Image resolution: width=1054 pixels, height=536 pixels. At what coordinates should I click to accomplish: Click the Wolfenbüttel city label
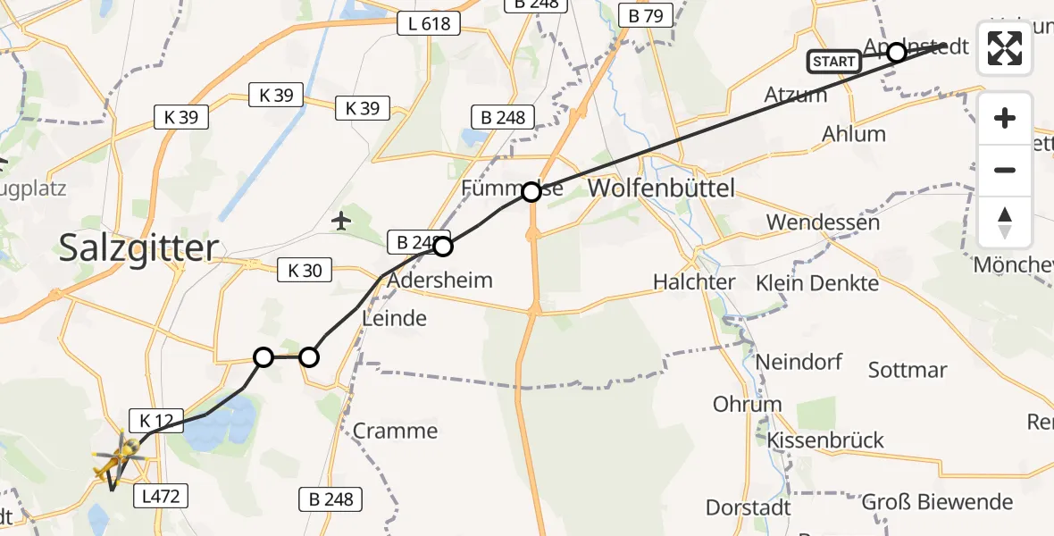pyautogui.click(x=662, y=188)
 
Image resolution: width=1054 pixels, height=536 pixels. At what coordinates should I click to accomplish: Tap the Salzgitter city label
pyautogui.click(x=138, y=247)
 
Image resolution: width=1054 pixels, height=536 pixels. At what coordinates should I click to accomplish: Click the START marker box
pyautogui.click(x=834, y=62)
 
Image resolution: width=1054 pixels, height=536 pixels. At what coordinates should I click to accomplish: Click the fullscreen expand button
pyautogui.click(x=1005, y=48)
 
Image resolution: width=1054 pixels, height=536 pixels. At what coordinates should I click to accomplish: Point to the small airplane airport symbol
pyautogui.click(x=341, y=220)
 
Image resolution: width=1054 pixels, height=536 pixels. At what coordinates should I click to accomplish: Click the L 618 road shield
pyautogui.click(x=429, y=24)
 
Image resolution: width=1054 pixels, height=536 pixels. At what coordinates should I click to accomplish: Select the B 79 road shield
pyautogui.click(x=646, y=15)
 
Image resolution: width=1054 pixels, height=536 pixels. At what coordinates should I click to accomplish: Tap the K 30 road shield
pyautogui.click(x=305, y=269)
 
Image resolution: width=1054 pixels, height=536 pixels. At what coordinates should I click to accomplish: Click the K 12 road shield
pyautogui.click(x=156, y=419)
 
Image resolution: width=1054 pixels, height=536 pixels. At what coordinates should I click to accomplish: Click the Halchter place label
pyautogui.click(x=694, y=282)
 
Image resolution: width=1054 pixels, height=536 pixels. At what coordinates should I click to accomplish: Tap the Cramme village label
pyautogui.click(x=395, y=431)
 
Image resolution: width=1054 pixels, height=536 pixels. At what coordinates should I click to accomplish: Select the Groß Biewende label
pyautogui.click(x=937, y=501)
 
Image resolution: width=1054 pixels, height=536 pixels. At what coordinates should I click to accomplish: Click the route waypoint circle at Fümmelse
pyautogui.click(x=531, y=191)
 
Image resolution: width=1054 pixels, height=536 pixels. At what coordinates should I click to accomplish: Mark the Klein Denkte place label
pyautogui.click(x=816, y=283)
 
